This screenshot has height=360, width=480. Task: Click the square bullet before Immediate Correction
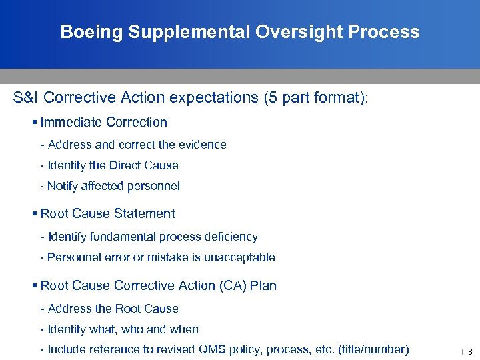35,122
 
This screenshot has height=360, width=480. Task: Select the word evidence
204,145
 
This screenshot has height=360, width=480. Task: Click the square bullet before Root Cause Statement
35,214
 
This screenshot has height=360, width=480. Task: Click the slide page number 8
470,351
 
